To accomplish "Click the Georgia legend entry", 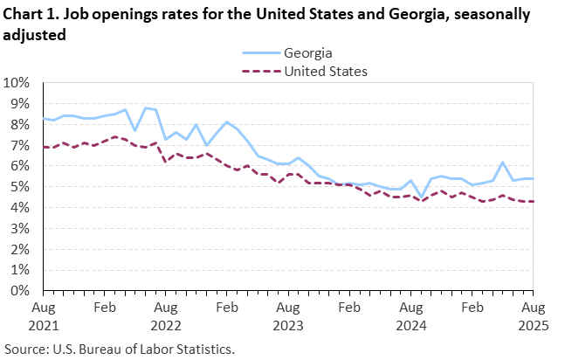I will click(307, 53).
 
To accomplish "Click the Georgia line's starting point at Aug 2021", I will click(43, 119).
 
